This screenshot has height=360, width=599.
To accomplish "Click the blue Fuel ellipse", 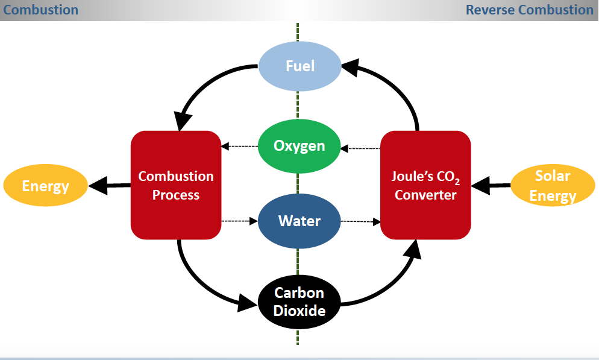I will (299, 65).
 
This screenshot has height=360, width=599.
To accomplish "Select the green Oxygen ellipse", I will (299, 146).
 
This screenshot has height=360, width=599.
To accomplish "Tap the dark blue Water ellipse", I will (299, 221).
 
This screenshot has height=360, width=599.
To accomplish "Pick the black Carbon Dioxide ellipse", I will (299, 302).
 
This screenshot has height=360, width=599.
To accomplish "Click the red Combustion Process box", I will (175, 185).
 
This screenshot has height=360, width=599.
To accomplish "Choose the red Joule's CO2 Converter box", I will (425, 185).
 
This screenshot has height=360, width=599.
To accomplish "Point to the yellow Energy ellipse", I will (45, 185).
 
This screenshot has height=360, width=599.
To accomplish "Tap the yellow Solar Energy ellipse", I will (553, 185).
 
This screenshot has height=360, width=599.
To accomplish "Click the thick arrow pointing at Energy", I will (110, 185).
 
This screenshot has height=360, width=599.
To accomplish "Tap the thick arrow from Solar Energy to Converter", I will (491, 186).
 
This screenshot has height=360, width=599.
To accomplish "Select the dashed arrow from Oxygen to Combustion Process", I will (240, 147).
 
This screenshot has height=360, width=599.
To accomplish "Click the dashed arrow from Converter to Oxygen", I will (360, 147).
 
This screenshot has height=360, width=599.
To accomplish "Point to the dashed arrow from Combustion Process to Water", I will (240, 221).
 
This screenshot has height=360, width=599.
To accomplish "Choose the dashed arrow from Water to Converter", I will (360, 221).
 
